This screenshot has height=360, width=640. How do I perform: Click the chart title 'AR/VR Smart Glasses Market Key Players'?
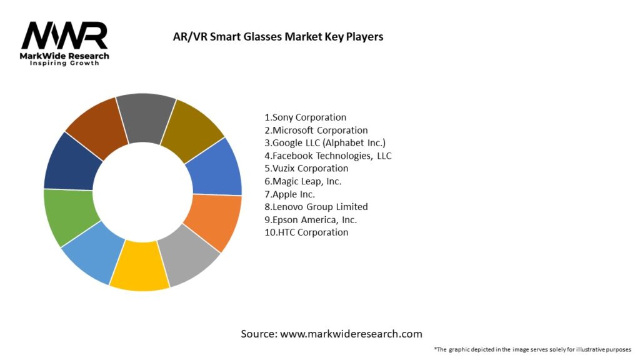(x=278, y=36)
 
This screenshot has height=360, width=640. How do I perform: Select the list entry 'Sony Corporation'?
(x=305, y=117)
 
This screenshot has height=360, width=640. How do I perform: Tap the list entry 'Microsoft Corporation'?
(x=316, y=130)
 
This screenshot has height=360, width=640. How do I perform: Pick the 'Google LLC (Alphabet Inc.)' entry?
(x=325, y=142)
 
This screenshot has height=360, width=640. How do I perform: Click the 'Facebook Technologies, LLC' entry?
(x=328, y=156)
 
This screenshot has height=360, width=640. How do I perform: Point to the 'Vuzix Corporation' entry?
(x=306, y=168)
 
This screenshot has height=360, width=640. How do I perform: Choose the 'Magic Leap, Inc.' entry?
(x=302, y=181)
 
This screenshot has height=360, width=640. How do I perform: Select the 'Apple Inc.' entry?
(x=289, y=194)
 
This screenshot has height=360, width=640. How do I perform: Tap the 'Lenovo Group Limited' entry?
(x=316, y=207)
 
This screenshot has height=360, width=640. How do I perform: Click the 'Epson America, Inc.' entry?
(x=311, y=219)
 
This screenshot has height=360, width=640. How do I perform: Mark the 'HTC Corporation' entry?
(x=306, y=232)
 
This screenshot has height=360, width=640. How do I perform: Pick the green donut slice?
(x=69, y=216)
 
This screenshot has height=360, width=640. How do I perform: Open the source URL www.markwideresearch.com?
(x=351, y=334)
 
